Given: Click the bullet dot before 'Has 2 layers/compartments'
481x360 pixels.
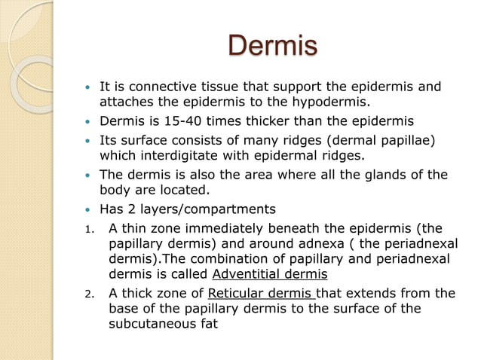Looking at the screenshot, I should [90, 209].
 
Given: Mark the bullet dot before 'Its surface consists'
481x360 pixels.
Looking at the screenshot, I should [90, 141].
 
